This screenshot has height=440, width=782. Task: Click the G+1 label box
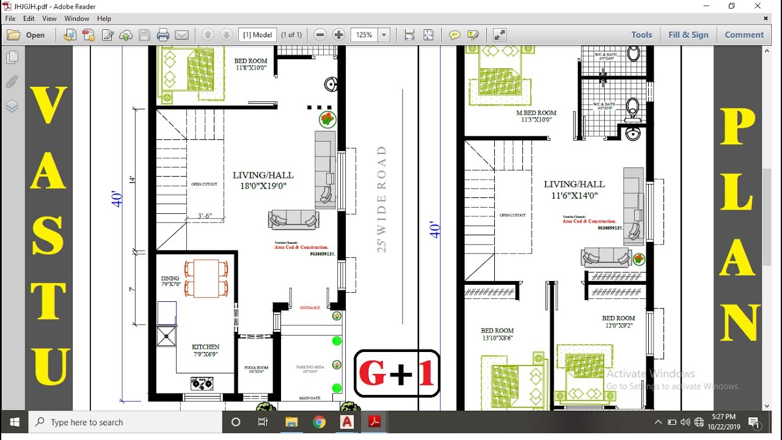coord(397,373)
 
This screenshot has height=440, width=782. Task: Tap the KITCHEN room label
coord(205,350)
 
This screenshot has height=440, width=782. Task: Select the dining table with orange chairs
coord(206,279)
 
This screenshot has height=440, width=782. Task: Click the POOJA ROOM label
coord(256,370)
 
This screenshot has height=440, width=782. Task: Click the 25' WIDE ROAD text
coord(382,199)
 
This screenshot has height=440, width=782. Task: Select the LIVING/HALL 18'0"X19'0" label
coord(263,180)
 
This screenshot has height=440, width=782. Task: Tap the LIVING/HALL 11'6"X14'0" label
coord(574,189)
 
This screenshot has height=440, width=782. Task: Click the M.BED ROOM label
coord(536,116)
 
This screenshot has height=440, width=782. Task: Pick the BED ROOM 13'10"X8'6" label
coord(497,334)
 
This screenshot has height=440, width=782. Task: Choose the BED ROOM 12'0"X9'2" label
coord(618,322)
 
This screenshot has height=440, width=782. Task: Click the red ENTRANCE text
coord(310,308)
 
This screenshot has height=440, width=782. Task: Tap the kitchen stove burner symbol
coord(202,384)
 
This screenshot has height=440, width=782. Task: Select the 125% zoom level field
coord(365,35)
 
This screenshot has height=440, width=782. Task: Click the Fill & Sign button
coord(688,35)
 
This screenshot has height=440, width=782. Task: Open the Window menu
coord(76,18)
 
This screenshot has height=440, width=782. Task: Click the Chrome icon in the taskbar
coord(319,422)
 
